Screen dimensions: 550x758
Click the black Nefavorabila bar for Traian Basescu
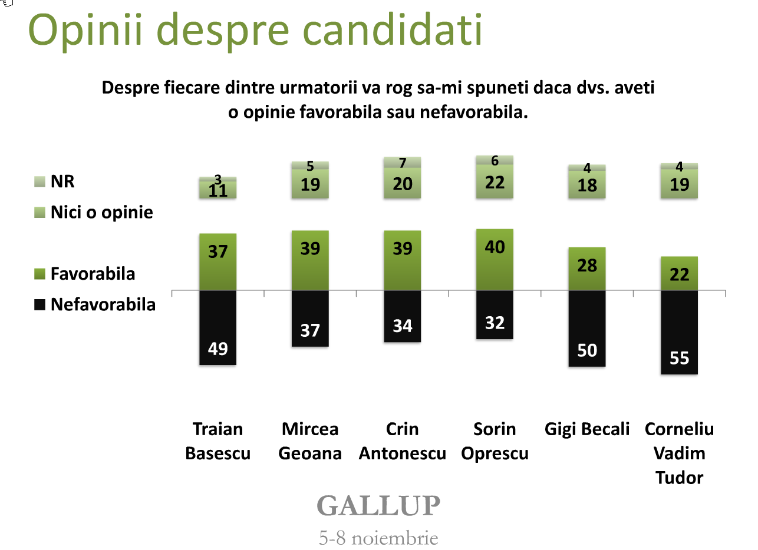[x=217, y=327]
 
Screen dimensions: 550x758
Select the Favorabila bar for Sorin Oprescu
[x=495, y=260]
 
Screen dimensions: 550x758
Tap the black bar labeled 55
[x=679, y=332]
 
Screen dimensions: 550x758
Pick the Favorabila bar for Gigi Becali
[x=587, y=269]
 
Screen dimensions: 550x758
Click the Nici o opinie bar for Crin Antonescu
[x=403, y=183]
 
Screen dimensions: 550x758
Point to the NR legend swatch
[x=39, y=181]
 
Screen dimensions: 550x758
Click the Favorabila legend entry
[x=86, y=274]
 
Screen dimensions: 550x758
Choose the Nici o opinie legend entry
[x=94, y=213]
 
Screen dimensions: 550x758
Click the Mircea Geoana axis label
[x=310, y=441]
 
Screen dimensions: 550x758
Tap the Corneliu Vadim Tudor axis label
[x=679, y=453]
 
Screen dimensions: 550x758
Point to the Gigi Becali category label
[x=587, y=429]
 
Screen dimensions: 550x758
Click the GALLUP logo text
[x=378, y=506]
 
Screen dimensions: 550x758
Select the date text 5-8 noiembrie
[x=378, y=538]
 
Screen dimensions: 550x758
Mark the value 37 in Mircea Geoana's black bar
[x=310, y=330]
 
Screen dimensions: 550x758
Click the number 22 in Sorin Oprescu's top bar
[x=495, y=183]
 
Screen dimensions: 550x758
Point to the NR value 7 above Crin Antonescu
[x=403, y=162]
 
